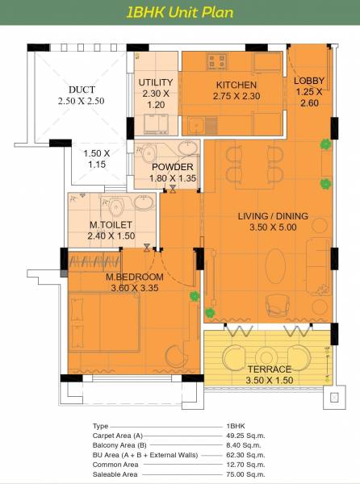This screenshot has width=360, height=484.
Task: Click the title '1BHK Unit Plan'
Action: tap(179, 12)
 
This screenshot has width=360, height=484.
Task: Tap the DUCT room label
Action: tap(82, 90)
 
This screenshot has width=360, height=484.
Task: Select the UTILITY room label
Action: tap(155, 83)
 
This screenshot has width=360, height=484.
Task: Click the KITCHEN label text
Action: tap(236, 85)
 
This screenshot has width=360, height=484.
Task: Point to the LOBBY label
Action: tap(308, 81)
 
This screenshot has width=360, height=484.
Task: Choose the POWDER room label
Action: tap(173, 168)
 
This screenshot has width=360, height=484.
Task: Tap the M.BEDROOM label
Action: tap(135, 277)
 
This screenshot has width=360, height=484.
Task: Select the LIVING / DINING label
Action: tap(266, 216)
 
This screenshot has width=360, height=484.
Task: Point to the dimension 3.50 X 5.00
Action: tap(266, 228)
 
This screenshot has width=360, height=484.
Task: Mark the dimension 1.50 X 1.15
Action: tap(97, 158)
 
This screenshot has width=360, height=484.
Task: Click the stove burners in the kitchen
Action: tap(217, 61)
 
